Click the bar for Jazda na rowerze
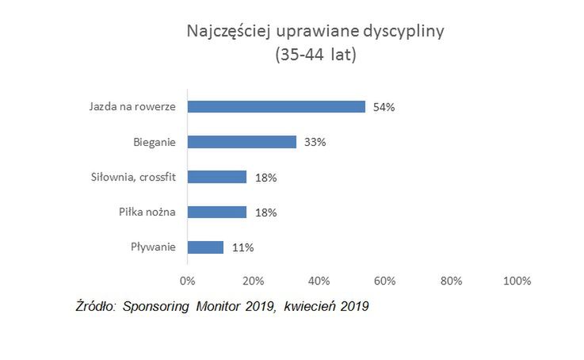tap(276, 106)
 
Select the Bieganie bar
tap(242, 142)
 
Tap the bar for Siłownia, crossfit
tap(217, 177)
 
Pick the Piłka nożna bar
tap(217, 212)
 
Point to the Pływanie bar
tap(205, 247)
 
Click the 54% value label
tap(384, 107)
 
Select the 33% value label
tap(315, 143)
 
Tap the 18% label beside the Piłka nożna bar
tap(265, 213)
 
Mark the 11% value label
tap(242, 247)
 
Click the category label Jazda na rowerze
tap(132, 107)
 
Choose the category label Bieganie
tap(155, 143)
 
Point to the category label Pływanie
tap(154, 247)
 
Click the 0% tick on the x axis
tap(188, 281)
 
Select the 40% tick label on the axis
tap(319, 281)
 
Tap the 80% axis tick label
tap(451, 281)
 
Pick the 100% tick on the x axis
tap(517, 281)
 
